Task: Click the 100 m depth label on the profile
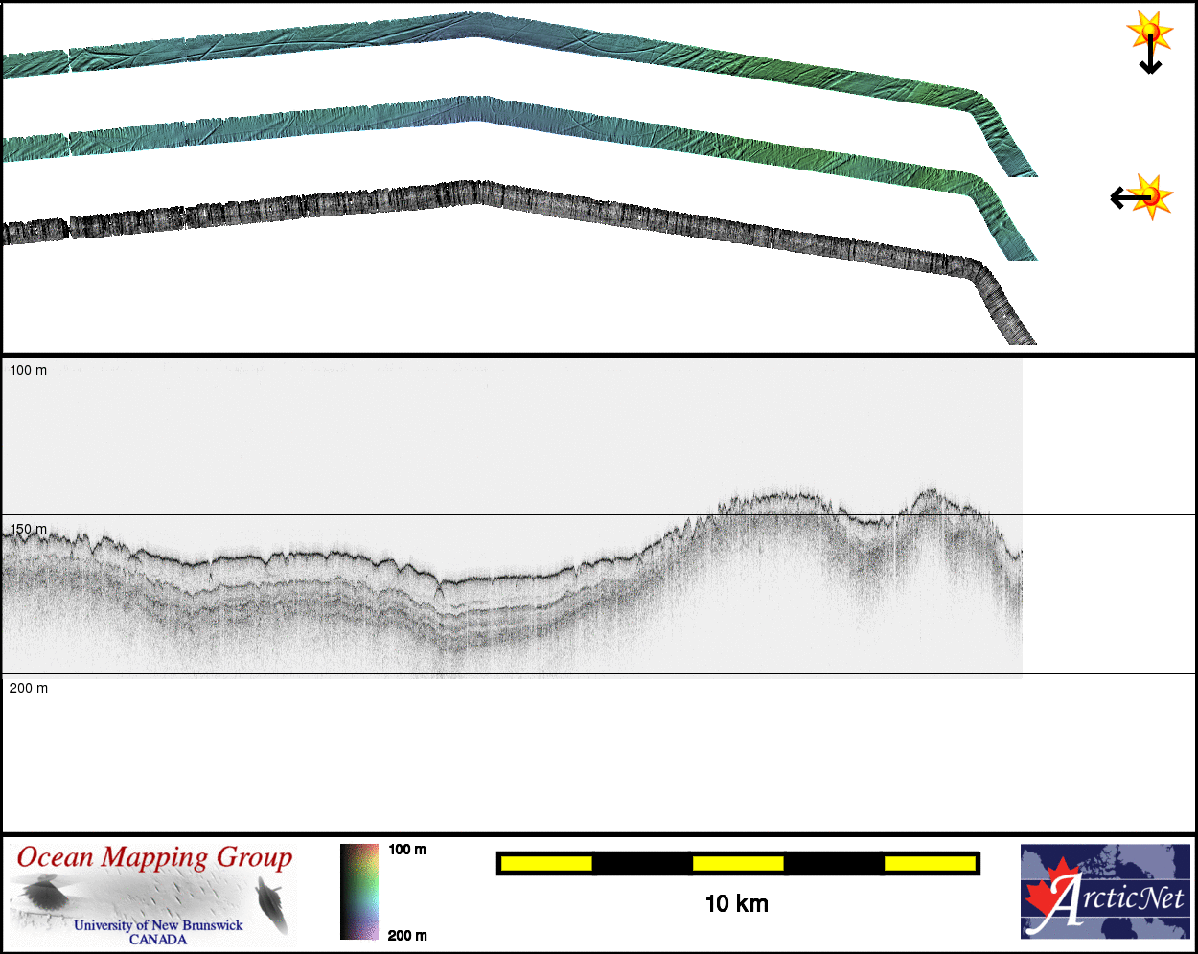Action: [29, 370]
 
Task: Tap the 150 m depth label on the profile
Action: [29, 529]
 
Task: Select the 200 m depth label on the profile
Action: [29, 688]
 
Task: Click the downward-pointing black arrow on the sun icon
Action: [1150, 54]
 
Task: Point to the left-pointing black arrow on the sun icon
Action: [1131, 197]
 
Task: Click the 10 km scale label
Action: [736, 904]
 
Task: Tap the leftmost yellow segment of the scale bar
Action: [546, 863]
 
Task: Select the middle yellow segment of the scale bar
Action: [738, 863]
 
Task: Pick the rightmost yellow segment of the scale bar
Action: [930, 863]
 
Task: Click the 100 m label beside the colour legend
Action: [407, 850]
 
